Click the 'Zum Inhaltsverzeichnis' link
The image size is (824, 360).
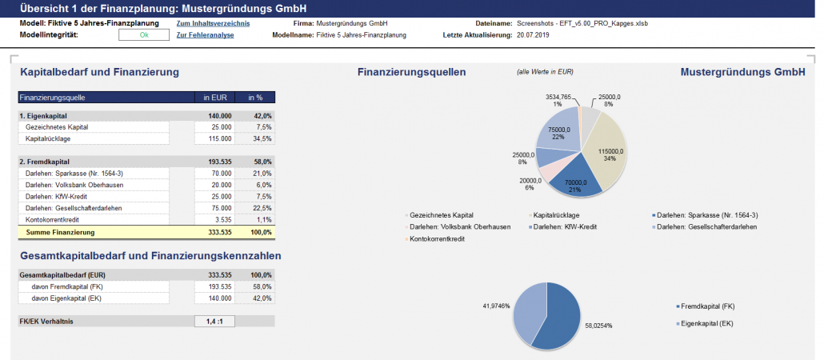click(x=213, y=24)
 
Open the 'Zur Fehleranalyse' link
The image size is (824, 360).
click(x=205, y=36)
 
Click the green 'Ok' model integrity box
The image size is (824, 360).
click(x=144, y=36)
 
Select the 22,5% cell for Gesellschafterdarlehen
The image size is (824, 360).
click(x=256, y=207)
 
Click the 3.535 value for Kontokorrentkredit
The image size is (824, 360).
click(x=221, y=218)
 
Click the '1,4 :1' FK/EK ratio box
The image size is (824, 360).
click(x=214, y=321)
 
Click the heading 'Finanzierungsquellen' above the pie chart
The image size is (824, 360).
click(x=411, y=73)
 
